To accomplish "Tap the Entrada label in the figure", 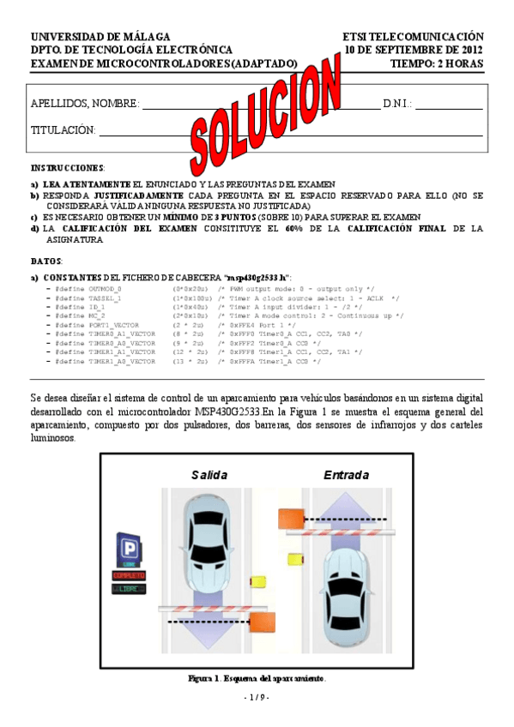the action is click(x=346, y=475).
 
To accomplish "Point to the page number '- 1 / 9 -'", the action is click(x=257, y=698).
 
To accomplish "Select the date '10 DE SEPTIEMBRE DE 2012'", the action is click(x=414, y=50).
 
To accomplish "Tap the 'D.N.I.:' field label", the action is click(x=397, y=104).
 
